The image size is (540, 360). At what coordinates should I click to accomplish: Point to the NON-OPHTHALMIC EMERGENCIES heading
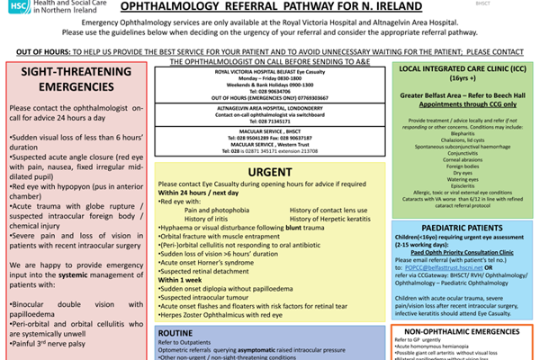[461, 332]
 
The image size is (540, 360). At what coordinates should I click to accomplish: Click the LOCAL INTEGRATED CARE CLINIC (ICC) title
[461, 68]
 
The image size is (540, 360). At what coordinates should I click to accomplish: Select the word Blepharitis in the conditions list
[461, 132]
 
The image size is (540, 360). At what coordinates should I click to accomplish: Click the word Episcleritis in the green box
[461, 185]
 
